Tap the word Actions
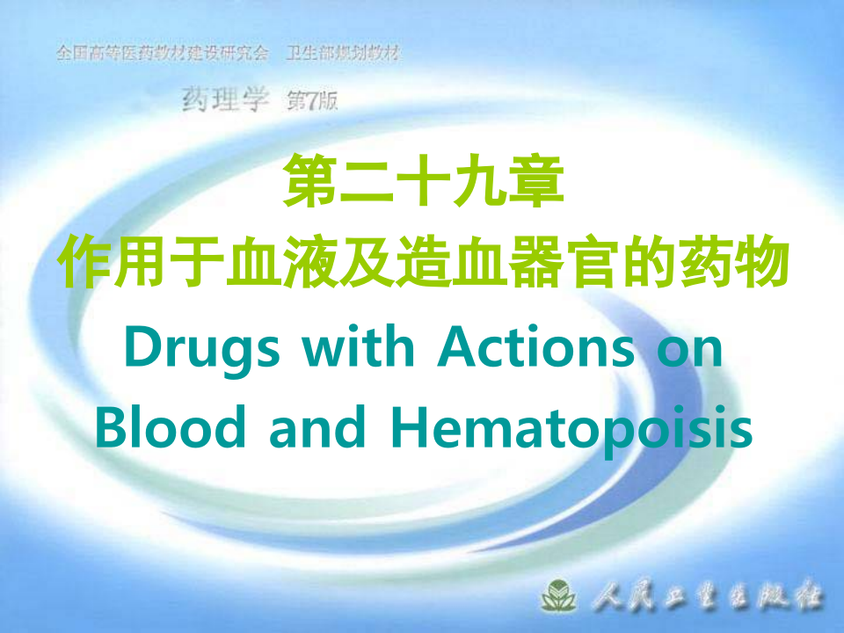pos(535,349)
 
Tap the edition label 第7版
pos(312,101)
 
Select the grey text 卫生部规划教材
pos(343,54)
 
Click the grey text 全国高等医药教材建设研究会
pos(162,54)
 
